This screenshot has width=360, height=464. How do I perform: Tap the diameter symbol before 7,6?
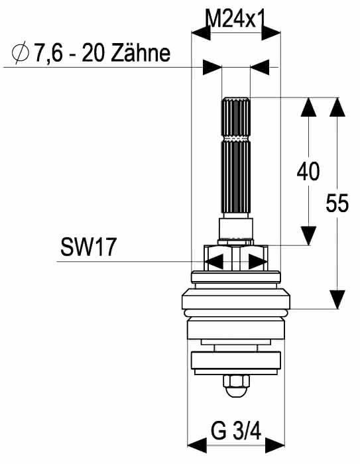click(21, 52)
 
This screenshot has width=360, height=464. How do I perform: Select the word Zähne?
click(141, 53)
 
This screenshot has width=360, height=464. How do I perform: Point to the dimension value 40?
click(308, 171)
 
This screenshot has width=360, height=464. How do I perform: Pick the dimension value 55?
click(337, 203)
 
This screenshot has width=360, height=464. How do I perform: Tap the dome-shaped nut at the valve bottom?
click(236, 386)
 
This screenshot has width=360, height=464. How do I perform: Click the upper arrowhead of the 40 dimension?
click(308, 107)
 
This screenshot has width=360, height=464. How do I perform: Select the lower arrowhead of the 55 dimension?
click(337, 300)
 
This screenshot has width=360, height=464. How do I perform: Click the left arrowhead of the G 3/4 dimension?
click(197, 445)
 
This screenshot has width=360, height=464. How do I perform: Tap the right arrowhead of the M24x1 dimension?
click(271, 32)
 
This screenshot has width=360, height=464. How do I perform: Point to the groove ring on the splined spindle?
click(236, 139)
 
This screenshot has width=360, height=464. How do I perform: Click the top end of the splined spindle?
click(236, 98)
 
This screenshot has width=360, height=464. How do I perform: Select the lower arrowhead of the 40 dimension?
click(308, 236)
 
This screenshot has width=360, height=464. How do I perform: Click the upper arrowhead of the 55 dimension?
click(337, 107)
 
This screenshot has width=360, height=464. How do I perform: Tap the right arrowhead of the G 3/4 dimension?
click(275, 445)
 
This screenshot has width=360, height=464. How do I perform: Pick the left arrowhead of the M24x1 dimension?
click(201, 32)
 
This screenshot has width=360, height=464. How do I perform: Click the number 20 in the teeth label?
click(91, 53)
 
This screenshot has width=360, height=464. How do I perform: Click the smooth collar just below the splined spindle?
click(236, 229)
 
